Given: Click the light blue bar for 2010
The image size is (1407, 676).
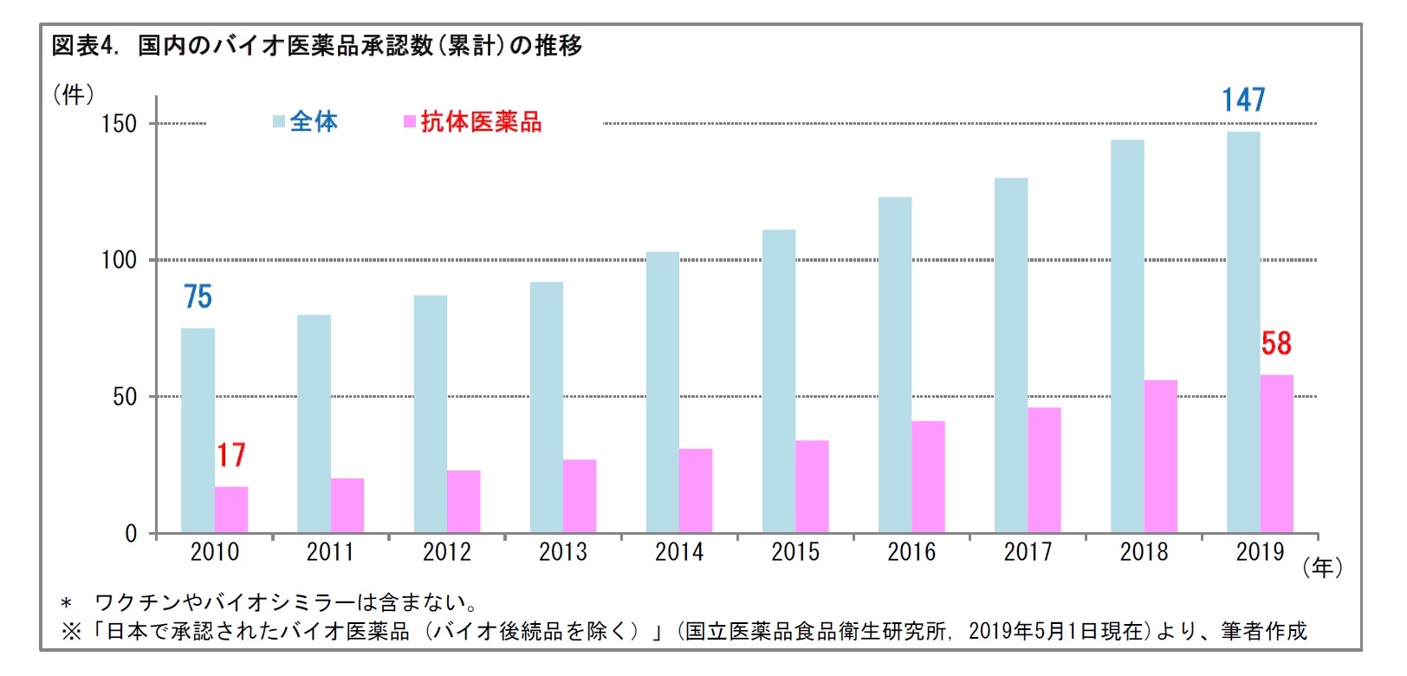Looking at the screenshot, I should (198, 431).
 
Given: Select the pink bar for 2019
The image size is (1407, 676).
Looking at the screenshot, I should (1276, 454).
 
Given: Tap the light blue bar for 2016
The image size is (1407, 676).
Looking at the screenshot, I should (894, 365).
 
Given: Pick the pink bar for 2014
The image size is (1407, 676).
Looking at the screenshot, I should (696, 491).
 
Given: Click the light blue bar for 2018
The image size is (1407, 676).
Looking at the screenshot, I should (1126, 336).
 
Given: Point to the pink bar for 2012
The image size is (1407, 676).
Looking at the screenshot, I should (464, 502).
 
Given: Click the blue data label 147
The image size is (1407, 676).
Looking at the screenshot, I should (1243, 101).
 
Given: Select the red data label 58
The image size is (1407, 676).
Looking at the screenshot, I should (1276, 344).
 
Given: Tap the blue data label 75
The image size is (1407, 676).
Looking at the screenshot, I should (198, 297).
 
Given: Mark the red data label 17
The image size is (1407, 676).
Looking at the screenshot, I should (231, 455).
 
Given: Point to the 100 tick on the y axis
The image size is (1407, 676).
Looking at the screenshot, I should (119, 260).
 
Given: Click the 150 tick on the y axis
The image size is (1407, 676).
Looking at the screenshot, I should (119, 124).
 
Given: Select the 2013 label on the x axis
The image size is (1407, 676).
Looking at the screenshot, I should (562, 552).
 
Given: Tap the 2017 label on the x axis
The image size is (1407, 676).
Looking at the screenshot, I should (1028, 552).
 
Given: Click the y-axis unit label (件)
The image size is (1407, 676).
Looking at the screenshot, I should (74, 94).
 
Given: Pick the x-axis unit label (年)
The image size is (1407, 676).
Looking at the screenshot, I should (1322, 568).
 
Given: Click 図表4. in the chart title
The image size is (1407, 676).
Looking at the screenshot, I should (84, 46).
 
